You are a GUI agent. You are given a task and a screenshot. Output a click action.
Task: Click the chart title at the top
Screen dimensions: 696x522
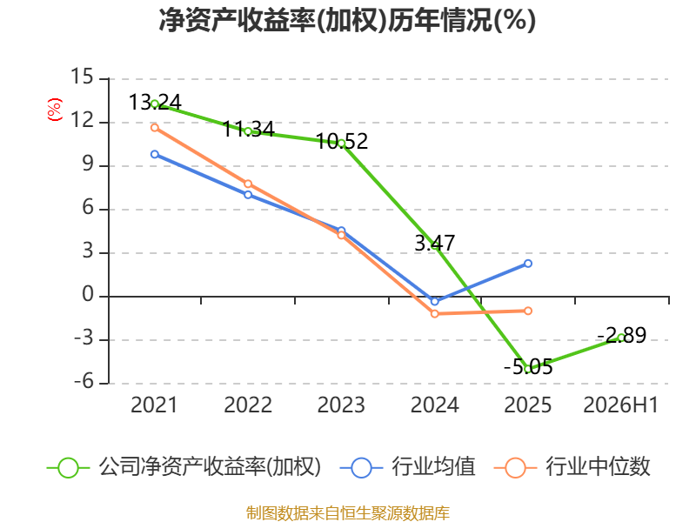347,20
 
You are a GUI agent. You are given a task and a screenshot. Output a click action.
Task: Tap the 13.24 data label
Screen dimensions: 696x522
155,102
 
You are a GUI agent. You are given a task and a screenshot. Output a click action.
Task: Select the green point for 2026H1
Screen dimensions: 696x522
621,338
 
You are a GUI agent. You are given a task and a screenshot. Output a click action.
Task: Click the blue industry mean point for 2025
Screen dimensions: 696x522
528,264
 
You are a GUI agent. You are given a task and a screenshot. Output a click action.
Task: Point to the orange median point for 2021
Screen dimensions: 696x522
155,128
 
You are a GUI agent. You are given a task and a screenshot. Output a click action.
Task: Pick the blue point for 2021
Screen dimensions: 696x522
155,155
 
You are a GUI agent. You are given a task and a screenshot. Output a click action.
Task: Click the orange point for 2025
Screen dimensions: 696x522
528,311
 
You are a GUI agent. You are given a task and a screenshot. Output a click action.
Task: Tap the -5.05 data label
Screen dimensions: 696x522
528,367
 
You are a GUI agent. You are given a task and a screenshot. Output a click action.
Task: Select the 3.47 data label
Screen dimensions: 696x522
434,243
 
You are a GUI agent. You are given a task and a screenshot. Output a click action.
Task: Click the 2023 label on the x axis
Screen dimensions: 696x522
341,405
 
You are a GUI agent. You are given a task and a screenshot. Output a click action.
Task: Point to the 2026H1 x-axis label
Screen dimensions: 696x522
620,405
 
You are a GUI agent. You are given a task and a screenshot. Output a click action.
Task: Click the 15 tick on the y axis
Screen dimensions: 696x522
82,77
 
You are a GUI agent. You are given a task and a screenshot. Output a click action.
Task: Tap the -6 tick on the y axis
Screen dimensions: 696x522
84,381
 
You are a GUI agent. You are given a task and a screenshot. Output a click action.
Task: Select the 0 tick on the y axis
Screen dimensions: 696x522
88,294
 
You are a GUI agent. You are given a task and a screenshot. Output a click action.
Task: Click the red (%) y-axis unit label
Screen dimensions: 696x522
55,110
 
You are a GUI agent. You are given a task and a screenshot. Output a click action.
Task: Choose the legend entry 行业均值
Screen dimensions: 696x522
432,466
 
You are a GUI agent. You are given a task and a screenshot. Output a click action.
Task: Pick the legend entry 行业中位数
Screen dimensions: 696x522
598,466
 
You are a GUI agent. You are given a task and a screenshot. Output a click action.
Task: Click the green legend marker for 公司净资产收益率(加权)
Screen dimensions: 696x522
69,468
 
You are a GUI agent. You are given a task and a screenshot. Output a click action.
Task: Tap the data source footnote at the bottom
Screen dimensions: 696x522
348,513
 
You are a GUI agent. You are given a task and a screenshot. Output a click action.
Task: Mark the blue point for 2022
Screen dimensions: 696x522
248,194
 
